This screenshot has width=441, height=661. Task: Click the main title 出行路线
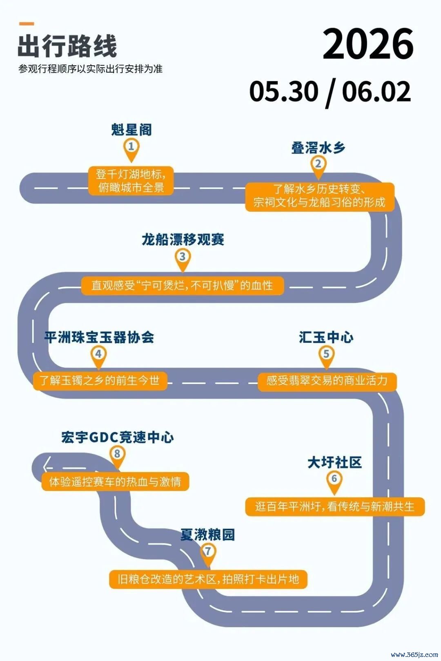tap(67, 46)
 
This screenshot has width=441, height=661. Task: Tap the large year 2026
tap(368, 44)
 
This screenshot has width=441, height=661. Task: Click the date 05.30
tap(284, 91)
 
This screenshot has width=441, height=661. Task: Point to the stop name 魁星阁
tap(131, 130)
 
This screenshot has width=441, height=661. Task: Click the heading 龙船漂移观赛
tap(183, 240)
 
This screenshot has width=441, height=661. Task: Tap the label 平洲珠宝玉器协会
tap(99, 337)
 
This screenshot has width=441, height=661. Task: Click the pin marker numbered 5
tap(326, 357)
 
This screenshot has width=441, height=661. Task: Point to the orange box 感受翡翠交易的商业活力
tap(327, 381)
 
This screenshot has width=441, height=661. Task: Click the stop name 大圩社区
tap(334, 462)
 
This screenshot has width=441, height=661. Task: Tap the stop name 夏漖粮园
tap(208, 535)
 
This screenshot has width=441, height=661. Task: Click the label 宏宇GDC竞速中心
tap(118, 437)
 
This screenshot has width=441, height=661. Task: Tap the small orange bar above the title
tap(27, 24)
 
